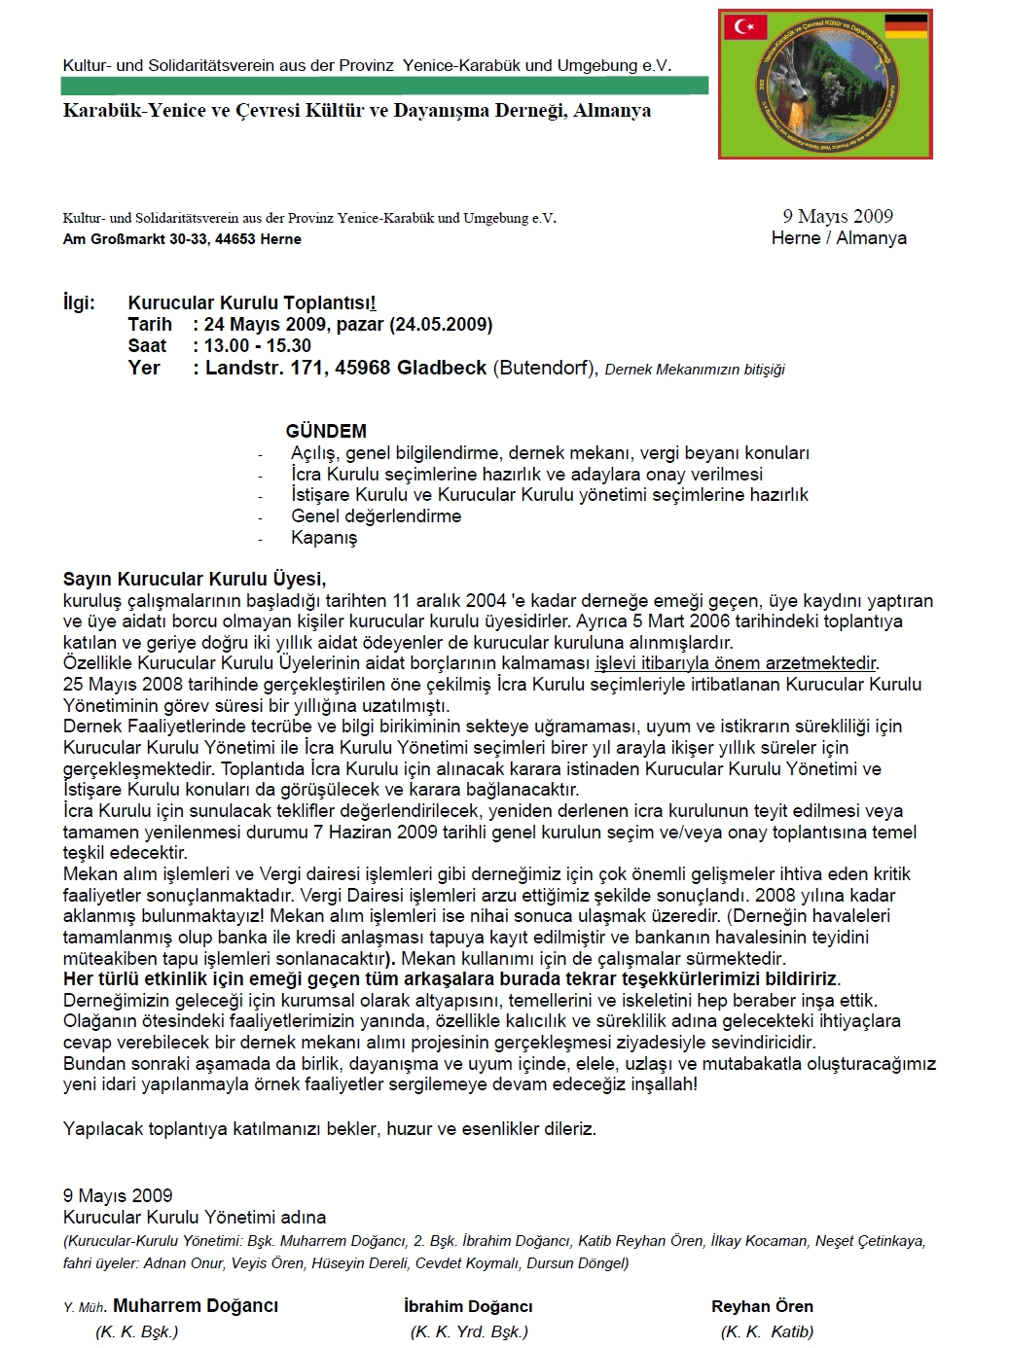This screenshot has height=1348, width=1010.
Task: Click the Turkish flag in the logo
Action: [745, 26]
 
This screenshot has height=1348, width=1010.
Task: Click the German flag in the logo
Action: [905, 26]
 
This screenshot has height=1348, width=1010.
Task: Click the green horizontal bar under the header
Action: [384, 86]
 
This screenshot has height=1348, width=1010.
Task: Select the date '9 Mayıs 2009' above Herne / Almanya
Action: [838, 216]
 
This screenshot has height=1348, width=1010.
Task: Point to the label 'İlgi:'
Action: [79, 302]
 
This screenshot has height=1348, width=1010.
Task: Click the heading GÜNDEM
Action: [326, 431]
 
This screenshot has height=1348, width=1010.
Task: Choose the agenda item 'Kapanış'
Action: [324, 538]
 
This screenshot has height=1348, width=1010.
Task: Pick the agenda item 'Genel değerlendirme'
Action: [376, 516]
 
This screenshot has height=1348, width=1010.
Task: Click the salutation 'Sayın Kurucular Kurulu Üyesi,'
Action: [195, 580]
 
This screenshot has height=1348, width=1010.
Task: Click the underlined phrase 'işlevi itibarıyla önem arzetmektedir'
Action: [736, 663]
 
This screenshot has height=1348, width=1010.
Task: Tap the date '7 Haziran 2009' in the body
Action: [376, 832]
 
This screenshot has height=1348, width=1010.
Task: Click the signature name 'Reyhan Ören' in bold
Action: [762, 1306]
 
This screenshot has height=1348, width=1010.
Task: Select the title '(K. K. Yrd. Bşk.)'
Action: [469, 1331]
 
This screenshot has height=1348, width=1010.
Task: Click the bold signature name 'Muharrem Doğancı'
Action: [196, 1306]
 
